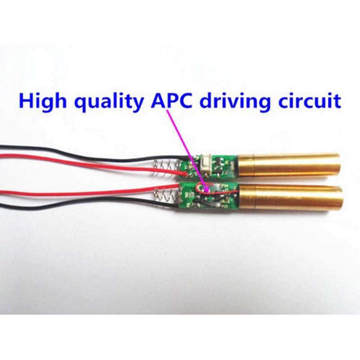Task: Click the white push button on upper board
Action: tap(206, 165)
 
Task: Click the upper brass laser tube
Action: tap(288, 166)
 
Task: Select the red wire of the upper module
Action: tap(92, 163)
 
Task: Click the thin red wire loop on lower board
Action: tap(207, 189)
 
